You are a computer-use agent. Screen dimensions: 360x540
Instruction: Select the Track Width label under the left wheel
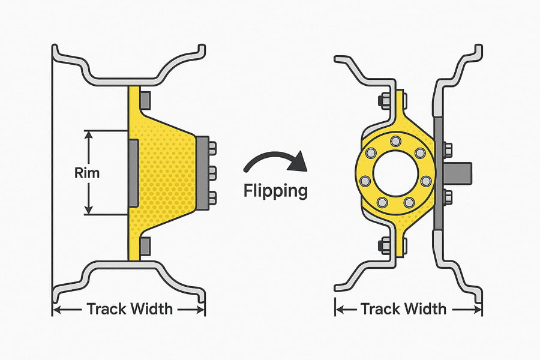pyautogui.click(x=130, y=309)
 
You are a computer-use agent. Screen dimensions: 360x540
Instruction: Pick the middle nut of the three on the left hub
pyautogui.click(x=212, y=173)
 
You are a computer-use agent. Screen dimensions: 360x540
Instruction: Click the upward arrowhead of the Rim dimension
pyautogui.click(x=89, y=135)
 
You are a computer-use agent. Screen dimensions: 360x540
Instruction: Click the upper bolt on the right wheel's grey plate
pyautogui.click(x=447, y=146)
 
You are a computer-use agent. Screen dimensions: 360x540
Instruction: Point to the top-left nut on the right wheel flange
pyautogui.click(x=381, y=100)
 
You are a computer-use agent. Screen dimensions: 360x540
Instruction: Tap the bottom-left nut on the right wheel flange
pyautogui.click(x=381, y=245)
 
